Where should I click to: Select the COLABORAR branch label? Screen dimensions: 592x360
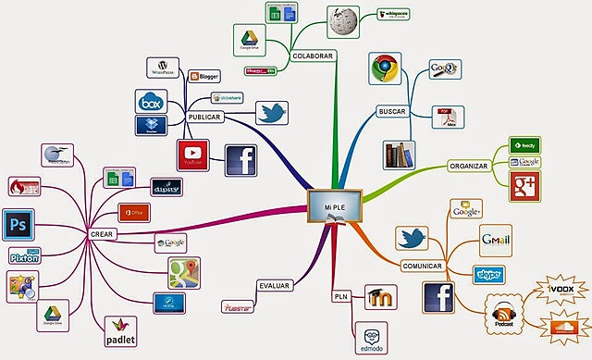tap(312, 56)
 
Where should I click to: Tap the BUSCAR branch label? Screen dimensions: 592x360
tap(393, 112)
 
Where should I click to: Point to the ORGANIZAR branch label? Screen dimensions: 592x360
tap(469, 167)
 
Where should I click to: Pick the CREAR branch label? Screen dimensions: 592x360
tap(102, 234)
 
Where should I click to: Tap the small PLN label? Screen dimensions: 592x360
tap(339, 296)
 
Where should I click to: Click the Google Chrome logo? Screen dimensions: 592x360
tap(385, 69)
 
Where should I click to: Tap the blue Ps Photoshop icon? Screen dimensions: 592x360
tap(17, 224)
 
